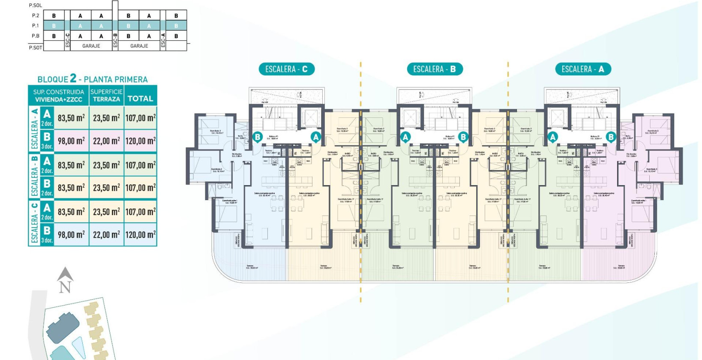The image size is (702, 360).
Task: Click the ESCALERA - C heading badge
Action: (286, 69)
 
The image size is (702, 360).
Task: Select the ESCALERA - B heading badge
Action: (434, 69)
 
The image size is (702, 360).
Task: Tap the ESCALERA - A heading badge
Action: (582, 69)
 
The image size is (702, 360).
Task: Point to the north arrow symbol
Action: (65, 280)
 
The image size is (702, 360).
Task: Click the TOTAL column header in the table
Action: (140, 99)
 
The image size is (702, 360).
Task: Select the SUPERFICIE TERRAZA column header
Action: (106, 95)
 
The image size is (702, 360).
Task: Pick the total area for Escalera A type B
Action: (140, 141)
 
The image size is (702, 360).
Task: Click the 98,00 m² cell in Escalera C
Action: (71, 235)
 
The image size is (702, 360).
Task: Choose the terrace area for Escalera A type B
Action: (106, 141)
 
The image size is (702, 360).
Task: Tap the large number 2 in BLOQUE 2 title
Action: (73, 78)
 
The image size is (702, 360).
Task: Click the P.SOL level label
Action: (35, 5)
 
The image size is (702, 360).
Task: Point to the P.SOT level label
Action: (36, 47)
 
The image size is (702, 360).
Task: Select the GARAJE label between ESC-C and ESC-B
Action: (91, 46)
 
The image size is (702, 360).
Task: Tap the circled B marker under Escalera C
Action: (258, 137)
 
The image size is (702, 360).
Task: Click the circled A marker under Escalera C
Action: (316, 137)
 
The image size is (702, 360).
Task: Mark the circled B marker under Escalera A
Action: (611, 137)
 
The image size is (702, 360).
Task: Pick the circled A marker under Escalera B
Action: (405, 137)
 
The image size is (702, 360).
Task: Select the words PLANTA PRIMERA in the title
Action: (116, 79)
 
